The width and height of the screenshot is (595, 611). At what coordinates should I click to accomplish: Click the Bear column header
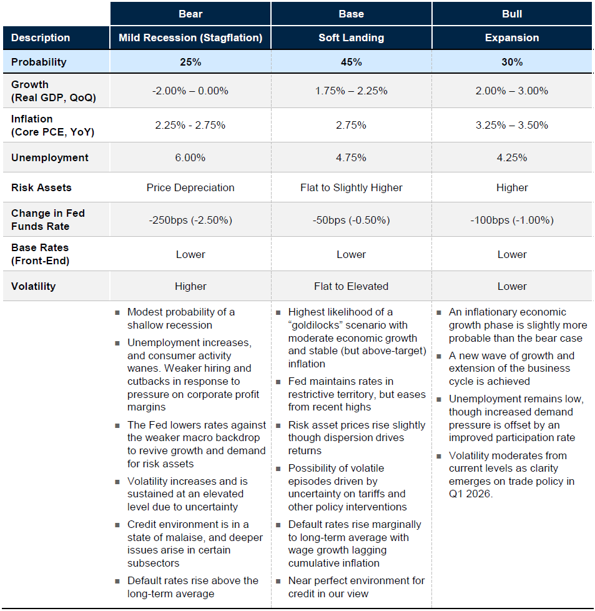(190, 13)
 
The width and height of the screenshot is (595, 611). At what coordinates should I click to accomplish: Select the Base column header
(351, 13)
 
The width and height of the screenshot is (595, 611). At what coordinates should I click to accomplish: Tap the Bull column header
(512, 13)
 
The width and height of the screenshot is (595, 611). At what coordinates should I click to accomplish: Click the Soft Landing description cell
(351, 37)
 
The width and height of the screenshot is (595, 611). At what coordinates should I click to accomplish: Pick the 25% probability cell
(190, 62)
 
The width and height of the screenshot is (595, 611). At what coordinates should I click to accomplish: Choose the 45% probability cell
(351, 62)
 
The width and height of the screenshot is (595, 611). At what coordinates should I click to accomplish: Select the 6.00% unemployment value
(190, 157)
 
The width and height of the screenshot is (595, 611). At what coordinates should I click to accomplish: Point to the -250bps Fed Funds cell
(190, 220)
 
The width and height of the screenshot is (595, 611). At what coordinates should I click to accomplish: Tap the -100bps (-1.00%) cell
(512, 220)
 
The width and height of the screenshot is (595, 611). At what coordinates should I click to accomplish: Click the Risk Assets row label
(41, 187)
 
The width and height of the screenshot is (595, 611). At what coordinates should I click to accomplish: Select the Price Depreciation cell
(190, 187)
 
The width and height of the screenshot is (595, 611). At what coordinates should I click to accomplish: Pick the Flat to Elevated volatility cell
(351, 286)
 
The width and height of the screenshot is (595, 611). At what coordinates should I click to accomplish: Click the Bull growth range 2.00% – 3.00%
(512, 91)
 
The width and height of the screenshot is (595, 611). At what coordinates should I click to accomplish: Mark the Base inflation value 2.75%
(351, 125)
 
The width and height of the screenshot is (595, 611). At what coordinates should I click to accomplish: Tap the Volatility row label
(33, 286)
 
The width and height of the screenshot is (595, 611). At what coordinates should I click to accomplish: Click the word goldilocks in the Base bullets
(320, 325)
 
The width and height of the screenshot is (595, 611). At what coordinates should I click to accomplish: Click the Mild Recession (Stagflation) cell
(190, 37)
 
